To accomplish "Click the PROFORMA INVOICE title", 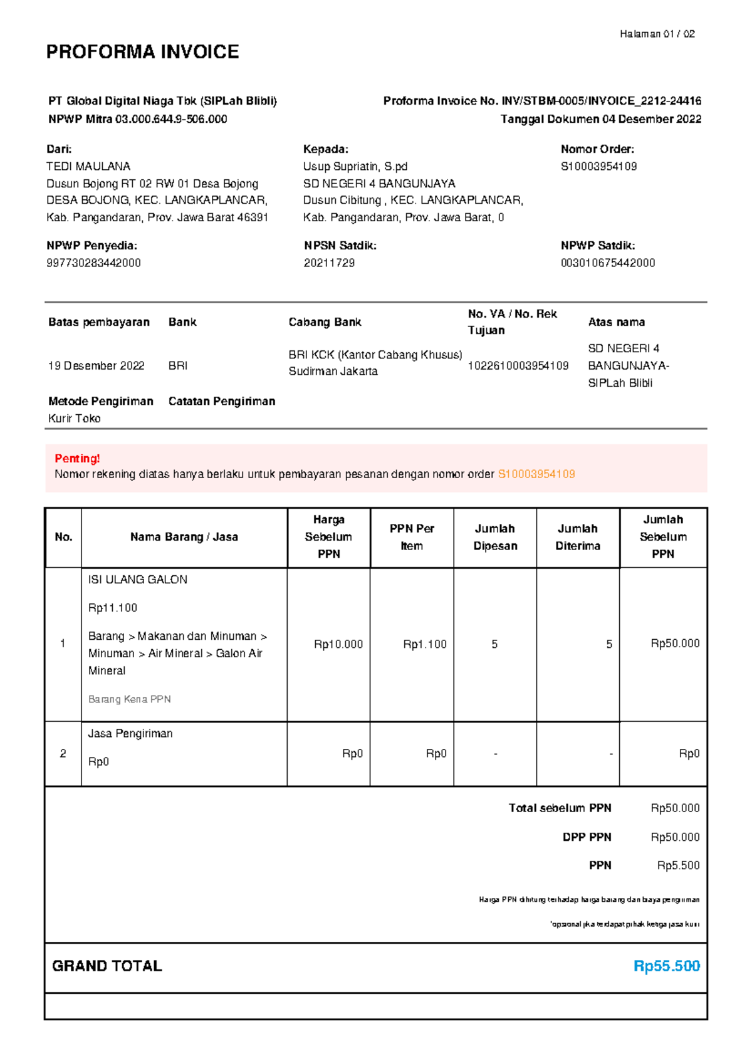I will coord(142,51).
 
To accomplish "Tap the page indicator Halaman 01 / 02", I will coord(657,34).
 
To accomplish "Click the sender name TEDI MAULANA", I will coord(88,166).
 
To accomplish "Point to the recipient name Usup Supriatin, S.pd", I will coord(355,166).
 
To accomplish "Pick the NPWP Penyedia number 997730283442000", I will coord(93,263).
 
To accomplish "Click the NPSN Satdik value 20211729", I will coord(329,263).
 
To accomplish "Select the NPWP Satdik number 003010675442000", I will coord(608,263).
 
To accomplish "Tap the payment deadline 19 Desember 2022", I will coord(96,365).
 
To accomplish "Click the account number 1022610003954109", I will coord(518,365).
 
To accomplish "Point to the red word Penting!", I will coord(77,458).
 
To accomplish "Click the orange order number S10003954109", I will coord(536,474).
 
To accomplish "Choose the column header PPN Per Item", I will coord(412,537).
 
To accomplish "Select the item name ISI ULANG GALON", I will coord(137,580).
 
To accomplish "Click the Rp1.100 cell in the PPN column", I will coord(425,644).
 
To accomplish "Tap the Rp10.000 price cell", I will coord(338,644).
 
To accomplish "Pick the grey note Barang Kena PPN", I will coord(129,699).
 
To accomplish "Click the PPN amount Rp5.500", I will coord(678,865).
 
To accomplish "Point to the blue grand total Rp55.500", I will coord(666,966).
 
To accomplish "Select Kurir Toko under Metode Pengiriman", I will coord(74,418).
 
